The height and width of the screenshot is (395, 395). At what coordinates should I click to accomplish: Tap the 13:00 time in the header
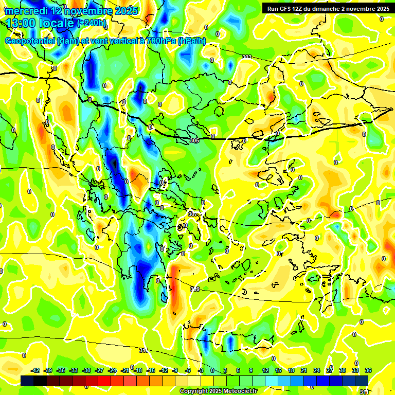[x=23, y=23]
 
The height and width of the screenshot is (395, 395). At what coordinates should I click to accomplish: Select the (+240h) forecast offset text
[x=92, y=23]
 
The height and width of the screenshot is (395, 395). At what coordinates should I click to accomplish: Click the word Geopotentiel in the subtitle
[x=30, y=41]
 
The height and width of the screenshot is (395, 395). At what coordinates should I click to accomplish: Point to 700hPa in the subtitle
[x=158, y=41]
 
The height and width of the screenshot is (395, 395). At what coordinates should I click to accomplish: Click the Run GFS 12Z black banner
[x=328, y=9]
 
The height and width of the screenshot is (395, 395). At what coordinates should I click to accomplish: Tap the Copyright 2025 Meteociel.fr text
[x=218, y=391]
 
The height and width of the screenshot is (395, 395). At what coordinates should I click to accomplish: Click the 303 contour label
[x=246, y=57]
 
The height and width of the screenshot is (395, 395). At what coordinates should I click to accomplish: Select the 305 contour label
[x=194, y=140]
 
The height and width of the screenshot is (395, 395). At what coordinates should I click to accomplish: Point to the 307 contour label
[x=192, y=213]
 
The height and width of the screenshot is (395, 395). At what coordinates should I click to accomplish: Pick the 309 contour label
[x=194, y=290]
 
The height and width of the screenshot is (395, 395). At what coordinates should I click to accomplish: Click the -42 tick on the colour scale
[x=35, y=370]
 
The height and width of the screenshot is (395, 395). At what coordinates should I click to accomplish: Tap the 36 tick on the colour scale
[x=368, y=370]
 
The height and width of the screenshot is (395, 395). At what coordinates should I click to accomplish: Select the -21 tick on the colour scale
[x=125, y=370]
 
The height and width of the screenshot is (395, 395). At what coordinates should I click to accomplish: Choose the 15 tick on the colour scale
[x=278, y=370]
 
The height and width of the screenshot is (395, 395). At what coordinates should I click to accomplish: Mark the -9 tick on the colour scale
[x=175, y=370]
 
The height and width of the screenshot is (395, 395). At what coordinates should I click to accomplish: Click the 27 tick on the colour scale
[x=329, y=370]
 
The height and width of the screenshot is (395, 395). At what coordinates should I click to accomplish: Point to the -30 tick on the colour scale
[x=86, y=370]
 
